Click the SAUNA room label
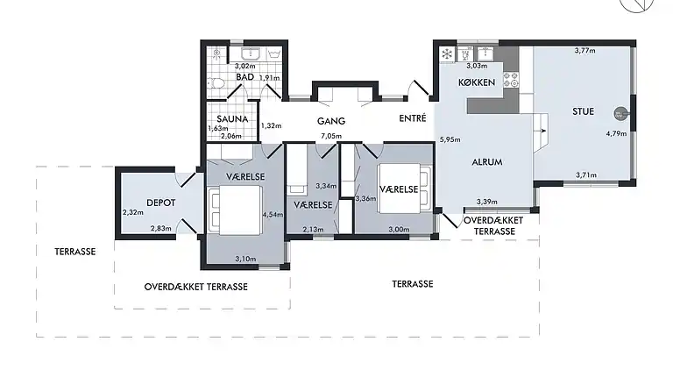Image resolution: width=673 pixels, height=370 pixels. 232,119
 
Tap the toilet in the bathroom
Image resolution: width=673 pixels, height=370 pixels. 216,82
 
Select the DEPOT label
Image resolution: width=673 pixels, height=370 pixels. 161,203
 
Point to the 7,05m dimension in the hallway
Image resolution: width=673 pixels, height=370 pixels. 331,137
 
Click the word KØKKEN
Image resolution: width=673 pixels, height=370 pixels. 477,82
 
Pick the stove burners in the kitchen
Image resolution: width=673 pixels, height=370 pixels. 511,80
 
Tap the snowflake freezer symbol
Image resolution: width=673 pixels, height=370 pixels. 447,54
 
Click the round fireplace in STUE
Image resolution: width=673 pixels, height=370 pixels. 620,114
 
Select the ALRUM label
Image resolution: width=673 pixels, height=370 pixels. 486,162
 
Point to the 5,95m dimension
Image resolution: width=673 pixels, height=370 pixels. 450,139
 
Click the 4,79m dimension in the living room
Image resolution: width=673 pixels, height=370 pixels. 616,133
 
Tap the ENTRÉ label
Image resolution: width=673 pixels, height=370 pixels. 413,118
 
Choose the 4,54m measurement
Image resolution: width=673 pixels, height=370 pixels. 273,214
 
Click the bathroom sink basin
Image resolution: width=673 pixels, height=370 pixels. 249,54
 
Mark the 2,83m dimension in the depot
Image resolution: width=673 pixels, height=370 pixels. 161,228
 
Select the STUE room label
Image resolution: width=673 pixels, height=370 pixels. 584,111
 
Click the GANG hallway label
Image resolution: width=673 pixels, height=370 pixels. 331,122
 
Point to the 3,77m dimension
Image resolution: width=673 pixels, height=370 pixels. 585,51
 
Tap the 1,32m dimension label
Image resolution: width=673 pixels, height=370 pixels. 272,125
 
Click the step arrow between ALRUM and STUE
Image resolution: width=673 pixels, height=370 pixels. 543,131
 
